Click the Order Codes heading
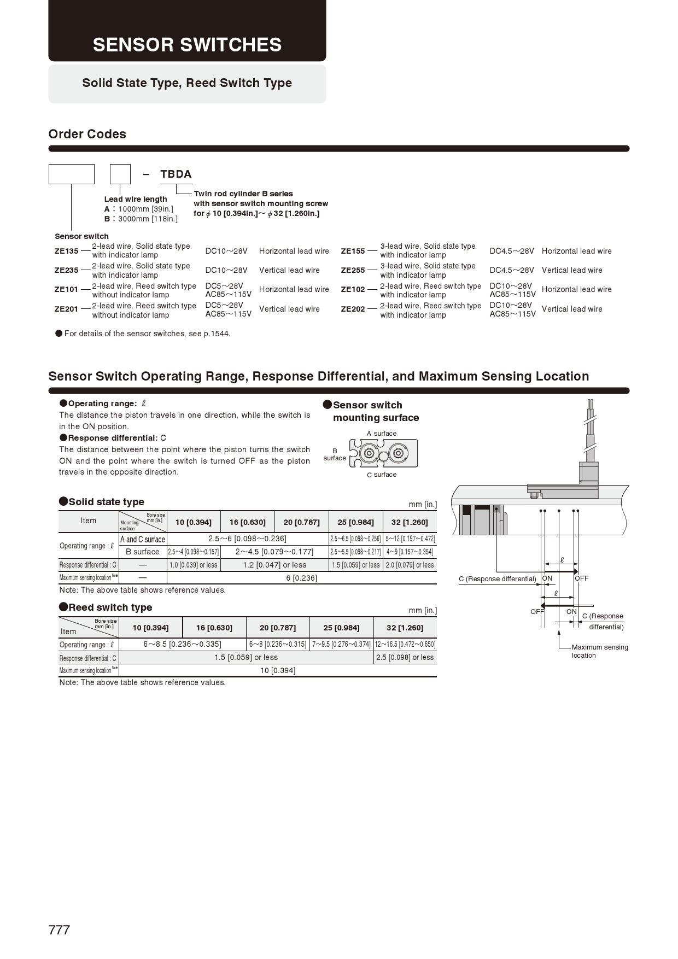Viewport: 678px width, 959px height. (87, 134)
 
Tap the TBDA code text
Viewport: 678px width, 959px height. (176, 174)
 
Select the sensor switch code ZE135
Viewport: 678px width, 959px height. (66, 251)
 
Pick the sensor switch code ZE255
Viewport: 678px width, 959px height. (353, 270)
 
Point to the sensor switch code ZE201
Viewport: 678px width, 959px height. (66, 309)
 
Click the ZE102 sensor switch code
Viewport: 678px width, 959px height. (353, 289)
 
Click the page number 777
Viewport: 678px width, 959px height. (59, 930)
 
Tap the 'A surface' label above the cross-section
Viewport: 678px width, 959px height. (382, 434)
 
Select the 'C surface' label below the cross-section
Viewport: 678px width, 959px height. (382, 475)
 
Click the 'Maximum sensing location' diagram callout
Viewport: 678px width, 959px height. (599, 651)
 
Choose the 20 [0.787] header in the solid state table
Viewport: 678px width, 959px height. (301, 522)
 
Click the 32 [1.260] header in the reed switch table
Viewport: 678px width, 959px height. (405, 628)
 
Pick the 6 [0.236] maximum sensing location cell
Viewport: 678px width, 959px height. (301, 578)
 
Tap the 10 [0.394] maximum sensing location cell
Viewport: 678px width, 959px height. (277, 670)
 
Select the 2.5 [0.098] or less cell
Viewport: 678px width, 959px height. (405, 658)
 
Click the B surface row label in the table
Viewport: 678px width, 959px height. (142, 552)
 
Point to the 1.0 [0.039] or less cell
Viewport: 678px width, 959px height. (193, 565)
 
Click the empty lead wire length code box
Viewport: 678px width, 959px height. (120, 174)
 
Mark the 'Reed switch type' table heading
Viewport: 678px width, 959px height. (110, 607)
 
